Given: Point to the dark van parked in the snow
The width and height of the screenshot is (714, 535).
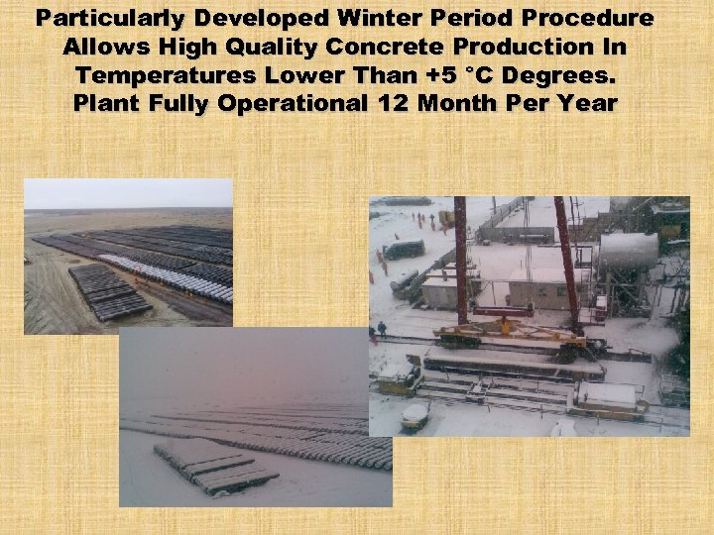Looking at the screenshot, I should [405, 250].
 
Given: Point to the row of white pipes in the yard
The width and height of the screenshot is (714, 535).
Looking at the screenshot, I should [164, 271].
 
